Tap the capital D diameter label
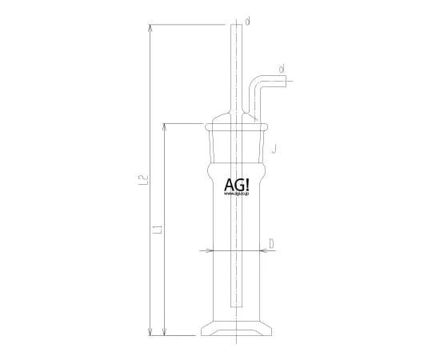tap(272, 243)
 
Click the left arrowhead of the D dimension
tap(210, 250)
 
